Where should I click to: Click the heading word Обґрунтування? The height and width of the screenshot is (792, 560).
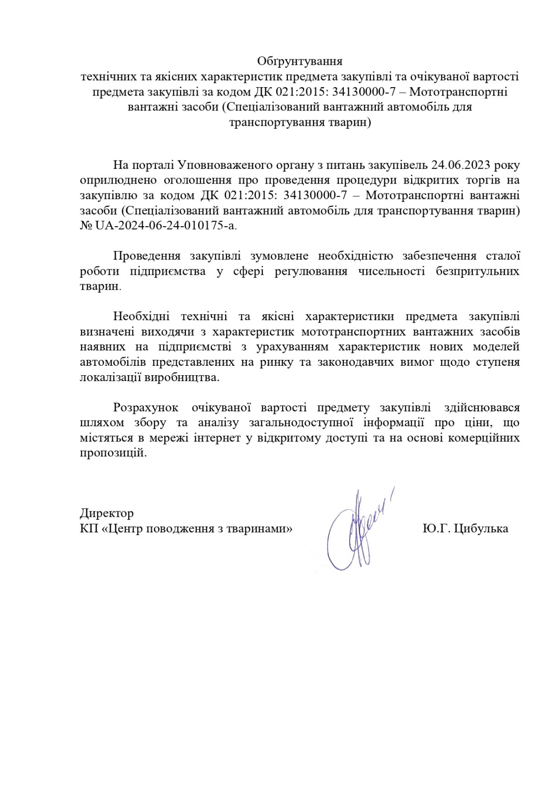pyautogui.click(x=300, y=61)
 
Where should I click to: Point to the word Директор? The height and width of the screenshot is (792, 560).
pyautogui.click(x=106, y=513)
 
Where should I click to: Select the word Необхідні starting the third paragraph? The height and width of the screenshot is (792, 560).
pyautogui.click(x=142, y=317)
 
